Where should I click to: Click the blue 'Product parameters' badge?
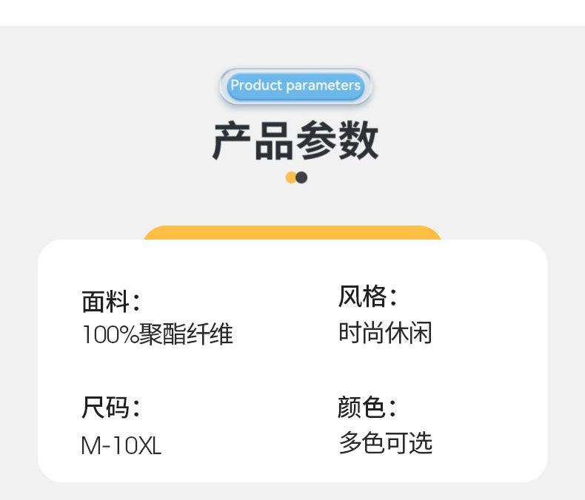[295, 86]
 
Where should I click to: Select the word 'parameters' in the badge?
[323, 86]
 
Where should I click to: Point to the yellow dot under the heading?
[291, 178]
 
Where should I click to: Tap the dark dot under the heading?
[301, 178]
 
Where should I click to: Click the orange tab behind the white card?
[292, 232]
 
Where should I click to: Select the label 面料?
[110, 302]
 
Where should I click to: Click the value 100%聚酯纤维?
[157, 334]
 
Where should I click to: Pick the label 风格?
[367, 297]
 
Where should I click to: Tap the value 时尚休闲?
[385, 333]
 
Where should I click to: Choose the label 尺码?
[110, 408]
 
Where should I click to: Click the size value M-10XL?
[121, 445]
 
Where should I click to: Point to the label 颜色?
[367, 407]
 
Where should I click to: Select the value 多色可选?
[385, 443]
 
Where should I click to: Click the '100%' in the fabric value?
[110, 335]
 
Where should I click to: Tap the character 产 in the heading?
[233, 141]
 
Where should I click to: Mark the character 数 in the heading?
[358, 141]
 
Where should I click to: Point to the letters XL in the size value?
[150, 445]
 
